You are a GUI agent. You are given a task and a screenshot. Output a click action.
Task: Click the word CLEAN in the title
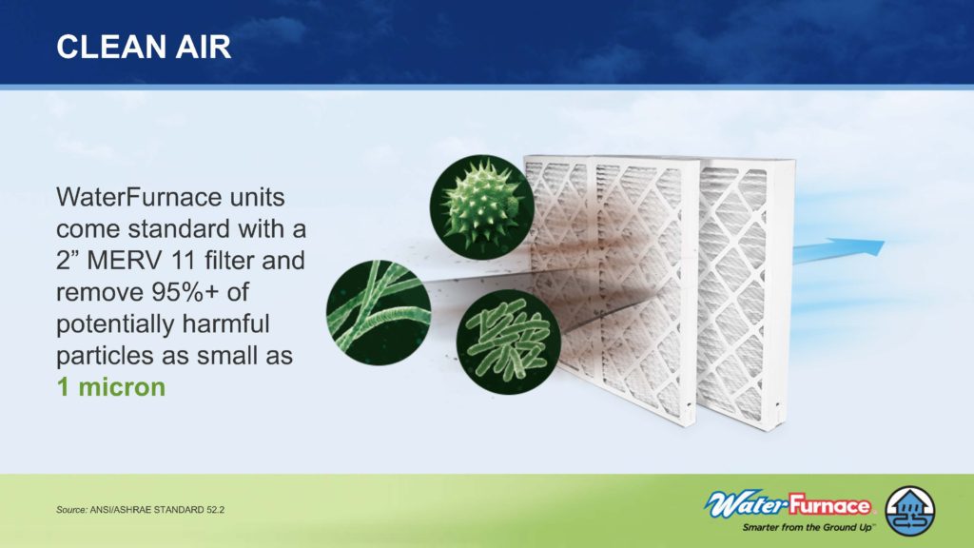click(x=110, y=48)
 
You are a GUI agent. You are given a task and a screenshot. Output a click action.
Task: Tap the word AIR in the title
click(x=203, y=48)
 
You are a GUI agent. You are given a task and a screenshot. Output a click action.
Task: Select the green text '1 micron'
click(x=111, y=386)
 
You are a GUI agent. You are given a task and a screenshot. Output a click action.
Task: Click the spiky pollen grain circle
click(x=482, y=206)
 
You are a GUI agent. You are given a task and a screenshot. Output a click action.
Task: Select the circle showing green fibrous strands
click(x=379, y=312)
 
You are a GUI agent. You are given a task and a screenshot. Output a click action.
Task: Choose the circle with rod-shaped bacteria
click(x=509, y=342)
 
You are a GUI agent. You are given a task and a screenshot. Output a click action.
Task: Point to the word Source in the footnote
click(x=70, y=510)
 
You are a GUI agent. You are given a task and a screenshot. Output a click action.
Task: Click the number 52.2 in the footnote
click(x=215, y=510)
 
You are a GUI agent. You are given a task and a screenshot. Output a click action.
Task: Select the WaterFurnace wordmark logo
click(x=789, y=505)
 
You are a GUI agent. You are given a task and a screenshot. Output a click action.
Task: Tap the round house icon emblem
click(x=910, y=511)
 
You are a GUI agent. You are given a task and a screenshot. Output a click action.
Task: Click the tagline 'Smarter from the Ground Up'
click(x=808, y=527)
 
